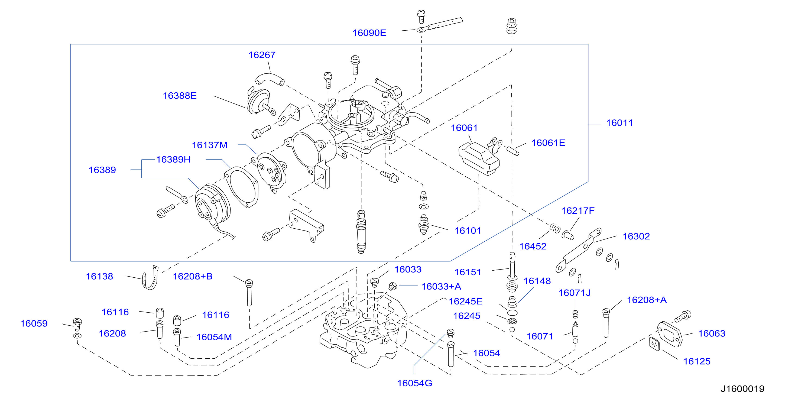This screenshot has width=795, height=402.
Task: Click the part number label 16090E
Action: pos(369,33)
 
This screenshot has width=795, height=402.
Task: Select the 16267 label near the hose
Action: pos(262,55)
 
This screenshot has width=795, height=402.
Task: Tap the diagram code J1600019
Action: pos(742,389)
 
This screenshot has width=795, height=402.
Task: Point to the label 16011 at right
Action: pos(619,123)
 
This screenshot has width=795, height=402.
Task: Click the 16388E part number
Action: pos(180,96)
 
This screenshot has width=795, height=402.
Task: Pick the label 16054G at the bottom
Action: pos(414,383)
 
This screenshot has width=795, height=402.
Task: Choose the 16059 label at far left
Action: pos(34,323)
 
